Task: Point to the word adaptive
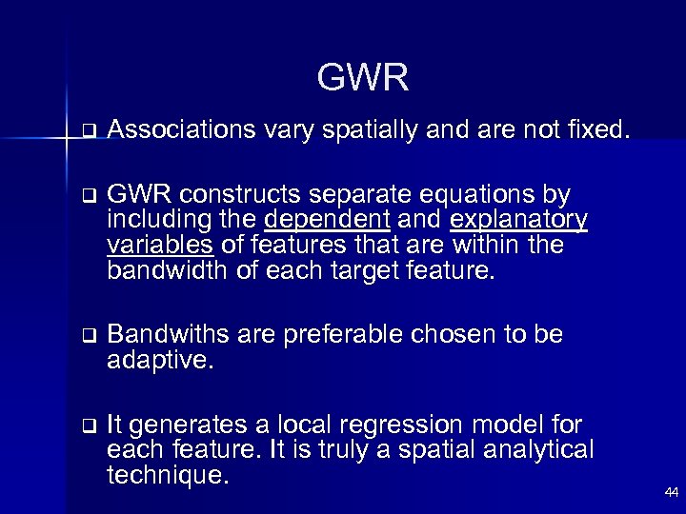coord(157,361)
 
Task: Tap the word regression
coord(379,425)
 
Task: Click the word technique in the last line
coord(169,475)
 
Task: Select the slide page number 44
coord(671,493)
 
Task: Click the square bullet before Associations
coord(88,130)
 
